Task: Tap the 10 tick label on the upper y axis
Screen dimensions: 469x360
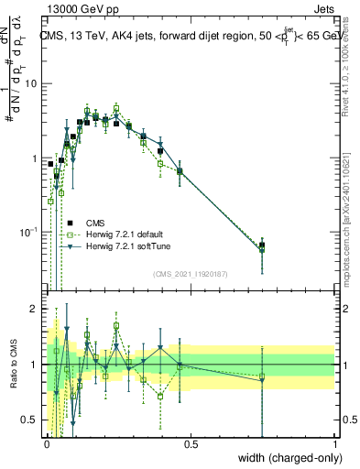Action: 31,83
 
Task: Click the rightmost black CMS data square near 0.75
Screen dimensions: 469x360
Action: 262,245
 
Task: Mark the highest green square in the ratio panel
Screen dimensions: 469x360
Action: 116,325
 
